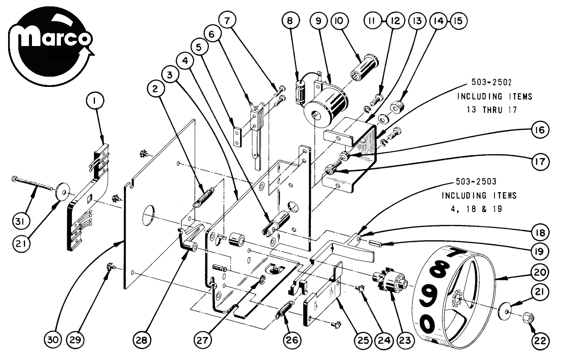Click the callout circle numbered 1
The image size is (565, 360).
[x=95, y=101]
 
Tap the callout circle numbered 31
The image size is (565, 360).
[x=21, y=222]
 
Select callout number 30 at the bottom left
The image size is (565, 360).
[x=53, y=340]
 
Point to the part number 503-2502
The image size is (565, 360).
[x=491, y=82]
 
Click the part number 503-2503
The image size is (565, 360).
[x=476, y=181]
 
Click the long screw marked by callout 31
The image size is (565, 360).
[x=32, y=183]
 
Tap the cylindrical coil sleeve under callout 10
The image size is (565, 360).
[x=365, y=66]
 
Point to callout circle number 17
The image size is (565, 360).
[x=540, y=161]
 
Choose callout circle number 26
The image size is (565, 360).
[x=292, y=340]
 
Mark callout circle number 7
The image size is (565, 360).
[x=227, y=20]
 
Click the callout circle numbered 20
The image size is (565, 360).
[x=539, y=272]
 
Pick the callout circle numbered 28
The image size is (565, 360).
[x=142, y=340]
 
